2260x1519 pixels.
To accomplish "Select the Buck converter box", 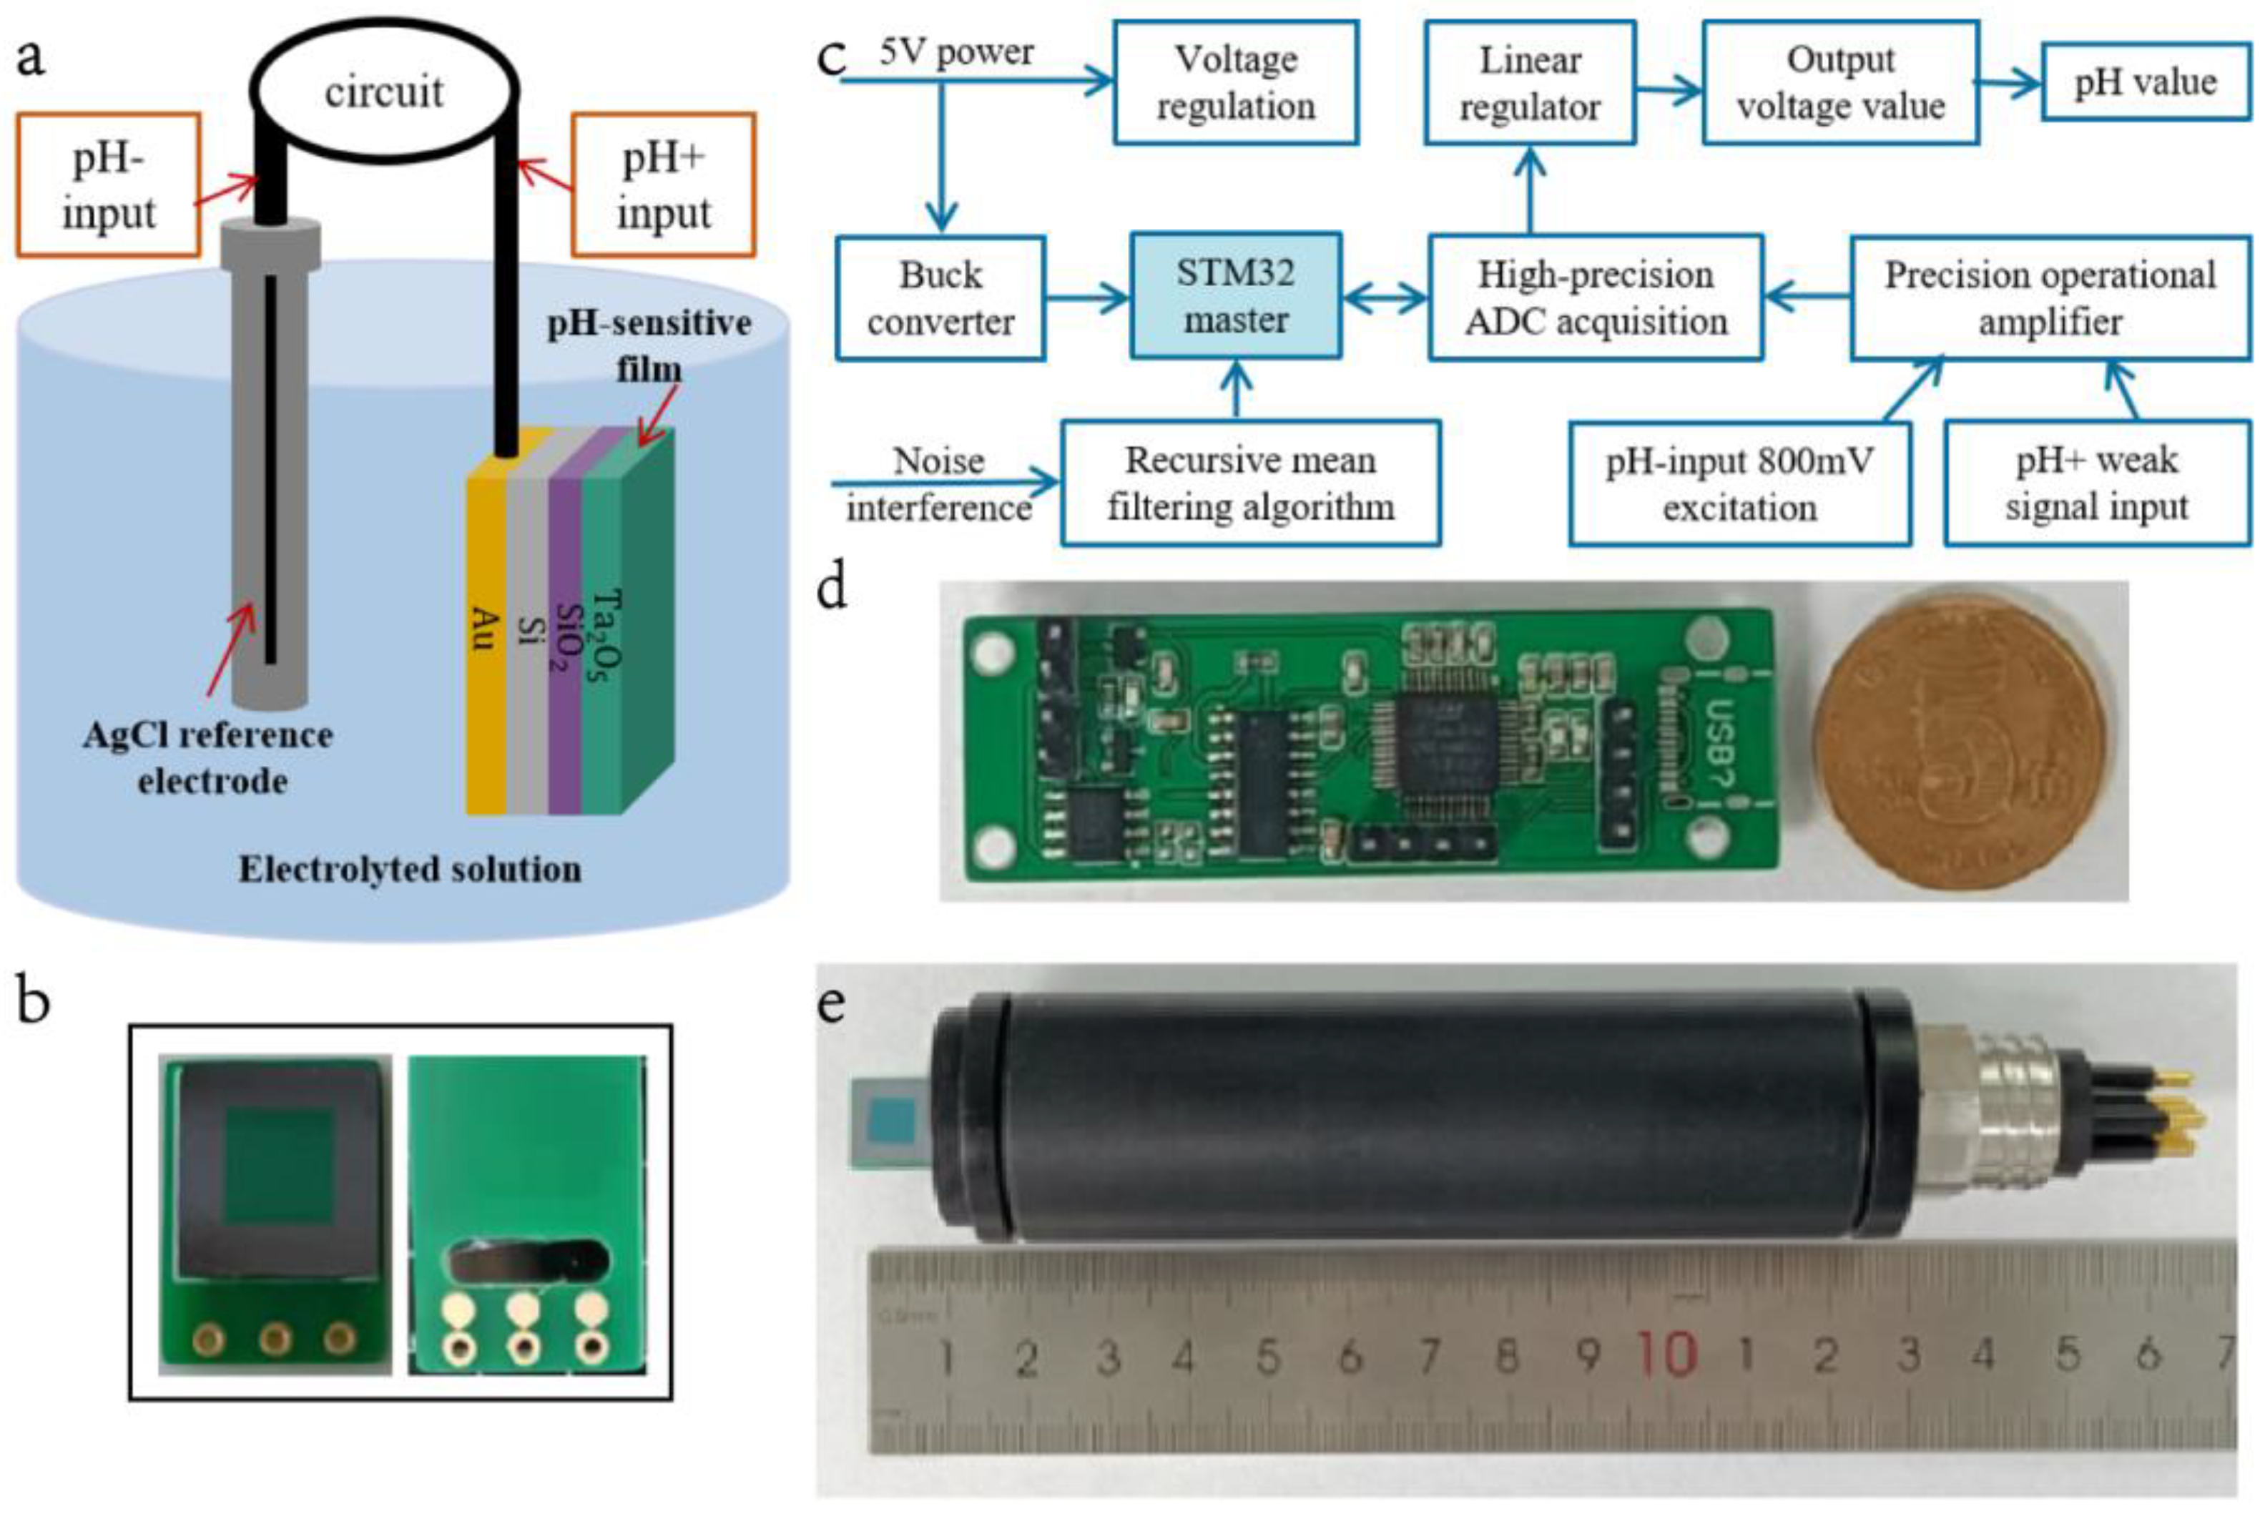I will [x=940, y=298].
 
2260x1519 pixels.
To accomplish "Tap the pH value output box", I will [x=2145, y=82].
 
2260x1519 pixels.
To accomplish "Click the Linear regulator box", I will [x=1530, y=83].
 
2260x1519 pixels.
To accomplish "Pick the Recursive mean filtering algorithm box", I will [x=1249, y=483].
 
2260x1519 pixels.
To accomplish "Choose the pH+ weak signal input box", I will [x=2096, y=483].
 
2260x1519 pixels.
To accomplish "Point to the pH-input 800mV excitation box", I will [x=1739, y=483].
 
